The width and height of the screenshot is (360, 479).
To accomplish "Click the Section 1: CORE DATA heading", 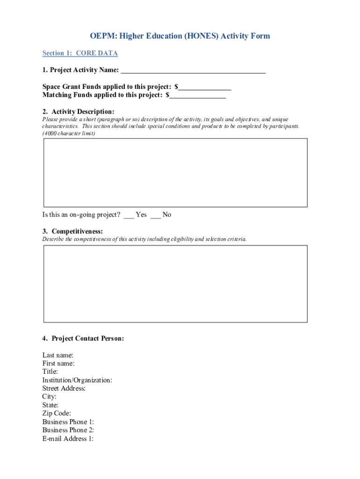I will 80,53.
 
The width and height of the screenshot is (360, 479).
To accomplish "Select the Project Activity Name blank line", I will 193,71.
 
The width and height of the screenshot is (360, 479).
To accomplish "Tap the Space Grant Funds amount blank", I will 205,87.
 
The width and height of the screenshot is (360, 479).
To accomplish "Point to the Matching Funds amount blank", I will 198,95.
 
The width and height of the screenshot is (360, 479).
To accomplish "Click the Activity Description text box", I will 175,172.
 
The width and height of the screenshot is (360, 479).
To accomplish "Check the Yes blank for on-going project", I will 129,215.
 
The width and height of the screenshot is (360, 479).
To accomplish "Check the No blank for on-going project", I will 156,215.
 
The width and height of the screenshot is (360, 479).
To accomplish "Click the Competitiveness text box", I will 175,283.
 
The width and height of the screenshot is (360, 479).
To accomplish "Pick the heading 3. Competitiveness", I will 72,232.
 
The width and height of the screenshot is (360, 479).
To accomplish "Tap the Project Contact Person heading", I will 83,338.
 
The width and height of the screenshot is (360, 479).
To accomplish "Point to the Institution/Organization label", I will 77,380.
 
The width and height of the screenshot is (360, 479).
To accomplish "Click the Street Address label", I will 64,388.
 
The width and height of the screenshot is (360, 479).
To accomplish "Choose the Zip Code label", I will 57,414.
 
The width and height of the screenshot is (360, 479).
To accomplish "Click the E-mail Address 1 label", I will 68,439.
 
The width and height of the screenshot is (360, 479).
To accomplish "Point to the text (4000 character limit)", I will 69,134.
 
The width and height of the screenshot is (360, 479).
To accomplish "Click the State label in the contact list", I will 50,405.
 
